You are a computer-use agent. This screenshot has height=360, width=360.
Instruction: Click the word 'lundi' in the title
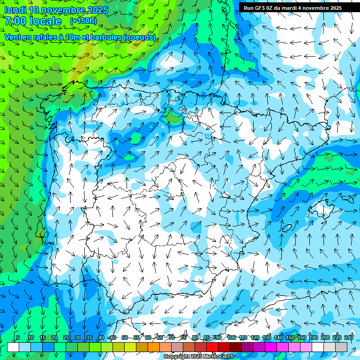pyautogui.click(x=15, y=10)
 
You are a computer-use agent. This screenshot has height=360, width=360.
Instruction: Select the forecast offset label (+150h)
pyautogui.click(x=83, y=21)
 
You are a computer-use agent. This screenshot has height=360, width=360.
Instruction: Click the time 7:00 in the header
pyautogui.click(x=15, y=21)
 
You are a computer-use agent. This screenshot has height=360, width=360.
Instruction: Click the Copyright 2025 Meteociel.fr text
pyautogui.click(x=199, y=357)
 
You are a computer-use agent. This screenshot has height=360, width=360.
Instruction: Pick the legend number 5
pyautogui.click(x=18, y=337)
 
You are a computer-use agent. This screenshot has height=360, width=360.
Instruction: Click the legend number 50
pyautogui.click(x=124, y=337)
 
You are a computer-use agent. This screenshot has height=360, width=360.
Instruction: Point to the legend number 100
pyautogui.click(x=231, y=337)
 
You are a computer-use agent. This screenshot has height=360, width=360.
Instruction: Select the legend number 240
pyautogui.click(x=348, y=337)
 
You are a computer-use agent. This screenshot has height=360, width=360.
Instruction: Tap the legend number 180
pyautogui.click(x=313, y=337)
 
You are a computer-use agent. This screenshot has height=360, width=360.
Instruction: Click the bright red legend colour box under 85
pyautogui.click(x=212, y=347)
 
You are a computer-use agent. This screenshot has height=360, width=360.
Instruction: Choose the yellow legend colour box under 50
pyautogui.click(x=130, y=347)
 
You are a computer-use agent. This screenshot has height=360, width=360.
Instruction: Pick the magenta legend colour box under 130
pyautogui.click(x=271, y=347)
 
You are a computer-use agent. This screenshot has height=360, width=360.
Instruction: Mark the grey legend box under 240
pyautogui.click(x=341, y=347)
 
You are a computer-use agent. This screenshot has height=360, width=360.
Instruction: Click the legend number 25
pyautogui.click(x=66, y=337)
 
